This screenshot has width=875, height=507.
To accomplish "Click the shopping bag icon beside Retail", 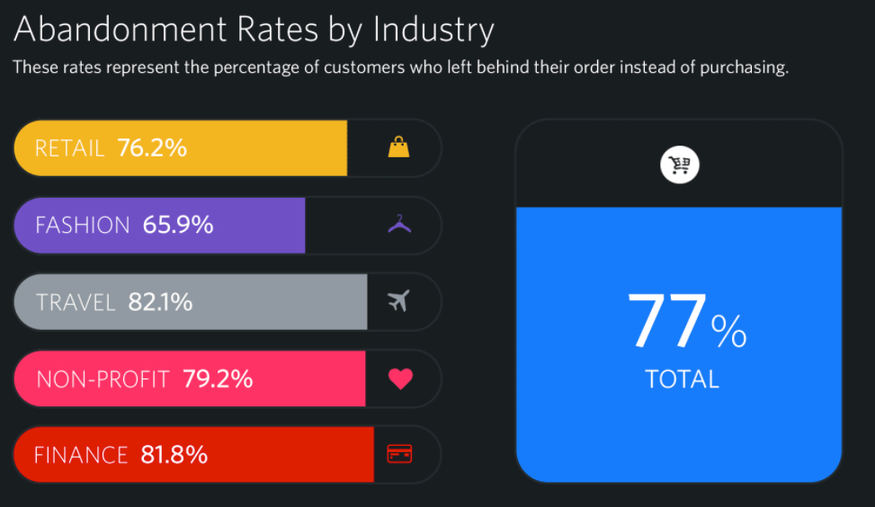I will [x=398, y=147].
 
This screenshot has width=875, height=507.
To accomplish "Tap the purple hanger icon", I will [x=399, y=224].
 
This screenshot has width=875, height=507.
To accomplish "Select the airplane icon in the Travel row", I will [x=398, y=301].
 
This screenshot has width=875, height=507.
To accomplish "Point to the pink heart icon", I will [x=400, y=378].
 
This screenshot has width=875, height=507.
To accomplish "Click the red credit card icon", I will [x=399, y=454].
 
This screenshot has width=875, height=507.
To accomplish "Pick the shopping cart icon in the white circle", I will [x=680, y=165].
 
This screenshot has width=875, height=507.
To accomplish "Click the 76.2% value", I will [x=152, y=147].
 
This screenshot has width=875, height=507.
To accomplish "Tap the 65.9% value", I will [x=178, y=224].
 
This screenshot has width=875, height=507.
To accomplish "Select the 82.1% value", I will [x=160, y=301].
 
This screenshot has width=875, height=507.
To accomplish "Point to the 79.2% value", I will [x=218, y=378].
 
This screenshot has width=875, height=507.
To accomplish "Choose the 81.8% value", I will [x=174, y=454].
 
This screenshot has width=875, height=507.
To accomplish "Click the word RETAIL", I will [x=69, y=147].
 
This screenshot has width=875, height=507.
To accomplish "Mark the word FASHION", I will [x=82, y=224].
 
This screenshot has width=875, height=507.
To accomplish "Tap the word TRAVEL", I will [x=76, y=301].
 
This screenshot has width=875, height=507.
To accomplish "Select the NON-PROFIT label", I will [x=103, y=378].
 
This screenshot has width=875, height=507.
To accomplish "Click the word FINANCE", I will [x=81, y=454].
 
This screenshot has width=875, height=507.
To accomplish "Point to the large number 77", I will [x=666, y=322].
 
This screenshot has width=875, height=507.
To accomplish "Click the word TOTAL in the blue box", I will [x=682, y=378].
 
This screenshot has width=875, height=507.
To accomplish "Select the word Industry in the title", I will [x=433, y=30].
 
